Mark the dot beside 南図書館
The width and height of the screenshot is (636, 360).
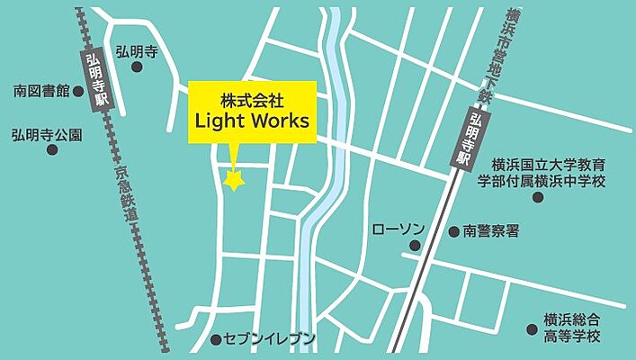77,91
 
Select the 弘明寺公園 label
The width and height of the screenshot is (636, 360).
46,134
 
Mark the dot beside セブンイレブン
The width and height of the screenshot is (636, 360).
216,340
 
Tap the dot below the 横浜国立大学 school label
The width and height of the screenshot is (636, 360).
538,197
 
